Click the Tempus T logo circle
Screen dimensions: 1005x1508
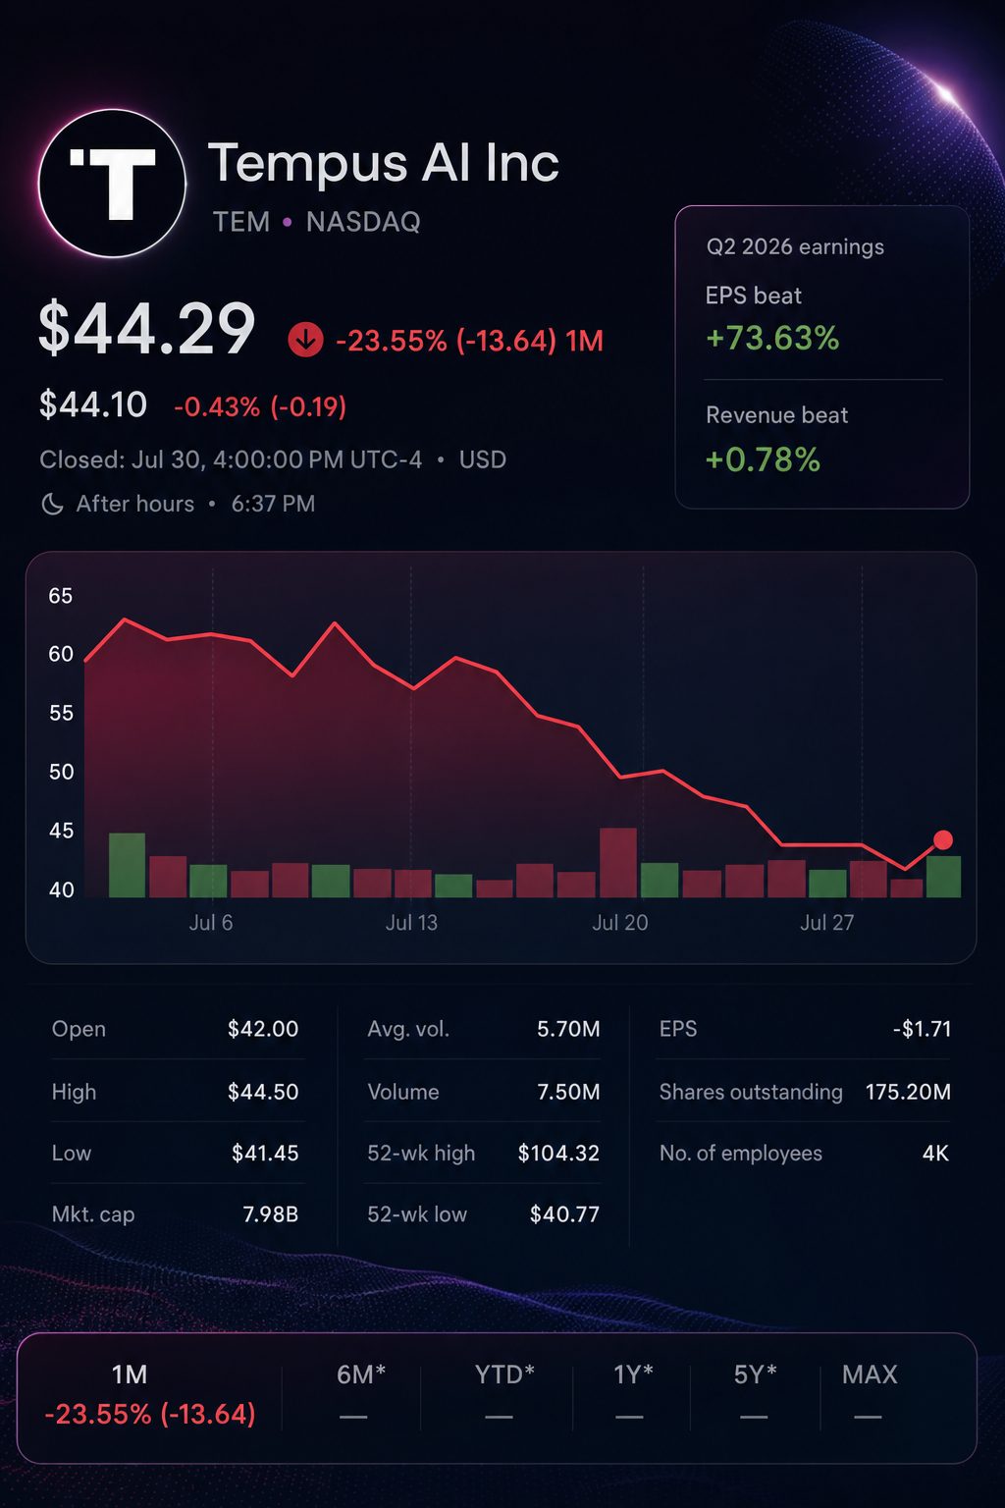pos(113,184)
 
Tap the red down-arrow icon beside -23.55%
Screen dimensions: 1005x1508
pos(305,340)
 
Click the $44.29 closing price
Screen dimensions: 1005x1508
pos(147,329)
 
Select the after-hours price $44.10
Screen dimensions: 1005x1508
pos(93,405)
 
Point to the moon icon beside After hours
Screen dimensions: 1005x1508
pos(52,504)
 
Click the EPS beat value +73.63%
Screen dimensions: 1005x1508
pos(772,338)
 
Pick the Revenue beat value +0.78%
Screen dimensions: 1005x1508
pos(764,459)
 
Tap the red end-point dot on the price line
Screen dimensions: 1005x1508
pos(943,839)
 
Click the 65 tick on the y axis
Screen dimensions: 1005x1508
pos(61,596)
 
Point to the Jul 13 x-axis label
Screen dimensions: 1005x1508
pos(411,922)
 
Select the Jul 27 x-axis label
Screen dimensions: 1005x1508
pos(827,922)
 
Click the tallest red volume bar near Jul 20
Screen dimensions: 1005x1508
pos(618,862)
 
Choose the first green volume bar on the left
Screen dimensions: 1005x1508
pos(128,865)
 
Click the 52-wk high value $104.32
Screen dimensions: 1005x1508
pos(558,1154)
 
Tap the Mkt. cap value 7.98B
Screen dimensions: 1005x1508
pos(271,1214)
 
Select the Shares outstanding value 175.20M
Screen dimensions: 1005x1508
pos(908,1092)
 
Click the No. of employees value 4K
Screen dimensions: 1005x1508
pos(935,1154)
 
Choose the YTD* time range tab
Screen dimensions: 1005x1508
pos(504,1374)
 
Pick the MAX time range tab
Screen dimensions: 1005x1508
pos(870,1374)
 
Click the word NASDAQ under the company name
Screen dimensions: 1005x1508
pos(363,222)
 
